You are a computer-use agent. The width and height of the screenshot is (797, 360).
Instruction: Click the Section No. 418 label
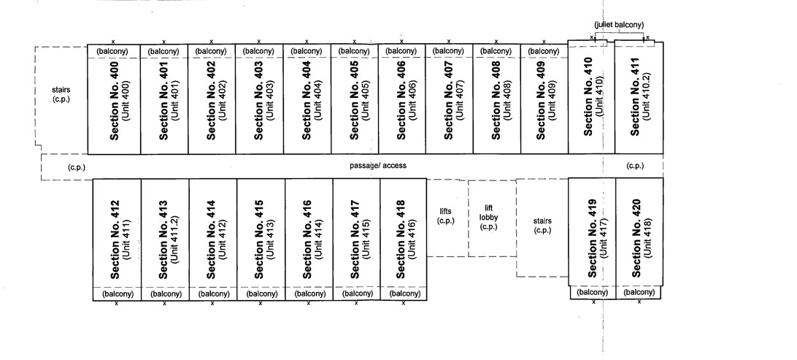pyautogui.click(x=401, y=239)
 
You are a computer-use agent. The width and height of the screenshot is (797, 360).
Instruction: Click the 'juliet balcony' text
pyautogui.click(x=619, y=25)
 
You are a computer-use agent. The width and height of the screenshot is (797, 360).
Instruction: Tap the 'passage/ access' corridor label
pyautogui.click(x=378, y=166)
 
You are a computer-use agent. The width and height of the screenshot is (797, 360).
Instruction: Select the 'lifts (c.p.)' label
pyautogui.click(x=446, y=216)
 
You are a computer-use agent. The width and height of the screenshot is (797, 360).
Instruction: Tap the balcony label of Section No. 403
pyautogui.click(x=258, y=51)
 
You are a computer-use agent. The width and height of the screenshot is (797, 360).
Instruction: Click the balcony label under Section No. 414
pyautogui.click(x=213, y=294)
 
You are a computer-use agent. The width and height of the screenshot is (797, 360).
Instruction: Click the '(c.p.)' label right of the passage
pyautogui.click(x=635, y=166)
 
